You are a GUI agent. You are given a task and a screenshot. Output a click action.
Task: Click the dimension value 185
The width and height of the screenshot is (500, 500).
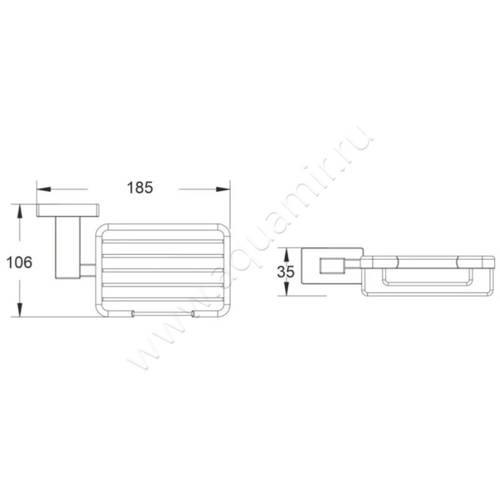[x=140, y=187]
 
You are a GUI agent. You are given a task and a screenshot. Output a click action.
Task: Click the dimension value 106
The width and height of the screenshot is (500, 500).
[x=19, y=262]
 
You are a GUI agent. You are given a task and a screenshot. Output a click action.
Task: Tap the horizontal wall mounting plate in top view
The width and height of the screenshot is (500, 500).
[x=67, y=210]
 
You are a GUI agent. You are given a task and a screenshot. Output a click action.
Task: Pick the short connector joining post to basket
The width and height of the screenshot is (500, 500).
[x=87, y=270]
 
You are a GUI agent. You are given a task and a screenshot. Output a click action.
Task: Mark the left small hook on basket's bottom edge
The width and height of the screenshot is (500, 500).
[x=132, y=313]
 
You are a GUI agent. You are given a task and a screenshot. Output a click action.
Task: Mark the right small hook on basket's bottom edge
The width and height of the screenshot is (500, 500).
[x=193, y=313]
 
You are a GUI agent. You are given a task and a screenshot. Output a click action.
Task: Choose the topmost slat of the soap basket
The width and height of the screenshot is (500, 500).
[x=162, y=241]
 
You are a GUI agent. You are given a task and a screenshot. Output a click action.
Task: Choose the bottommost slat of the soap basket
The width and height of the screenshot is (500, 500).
[x=162, y=299]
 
